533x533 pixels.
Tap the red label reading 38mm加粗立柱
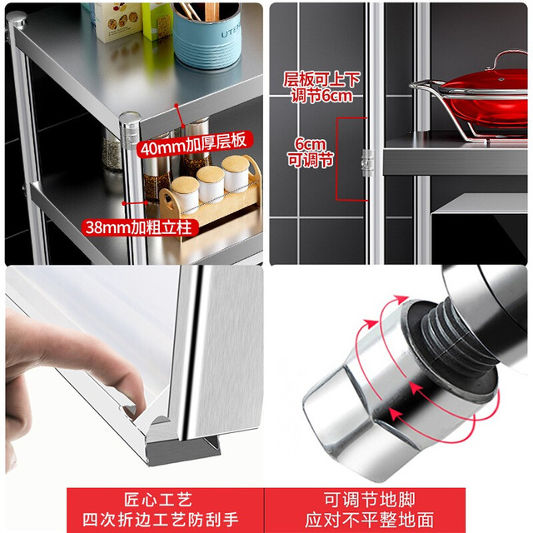click(139, 227)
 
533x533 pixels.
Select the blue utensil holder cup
click(207, 35)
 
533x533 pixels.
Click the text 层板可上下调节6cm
click(321, 87)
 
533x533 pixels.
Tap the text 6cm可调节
click(310, 152)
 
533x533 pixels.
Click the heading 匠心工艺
click(159, 500)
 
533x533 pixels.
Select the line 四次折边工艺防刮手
click(161, 520)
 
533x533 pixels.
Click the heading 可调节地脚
click(369, 500)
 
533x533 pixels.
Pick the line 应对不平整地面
click(369, 520)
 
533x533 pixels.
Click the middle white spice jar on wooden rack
click(211, 183)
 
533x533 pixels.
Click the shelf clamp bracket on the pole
click(368, 163)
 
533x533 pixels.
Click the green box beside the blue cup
click(157, 20)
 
